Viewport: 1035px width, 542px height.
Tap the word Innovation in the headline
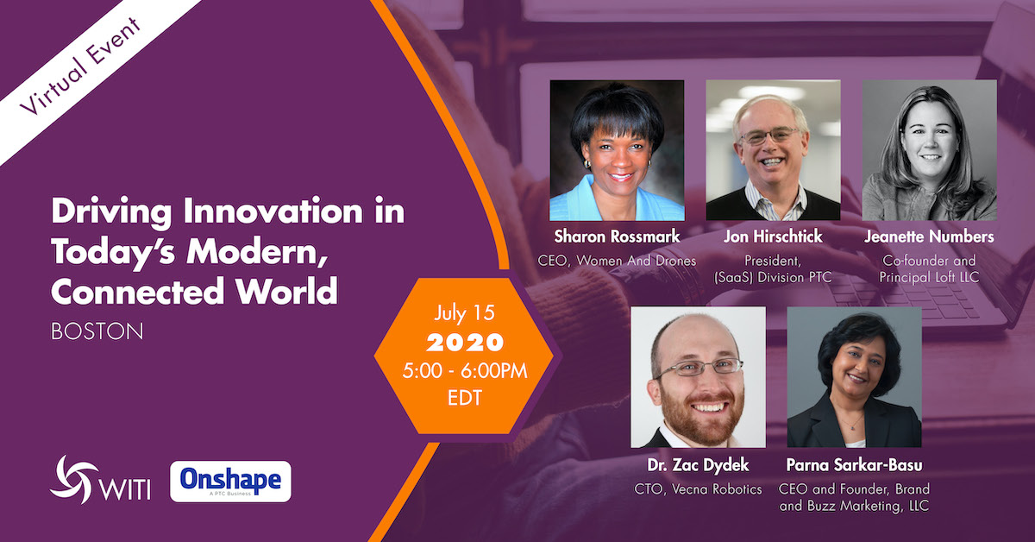273,211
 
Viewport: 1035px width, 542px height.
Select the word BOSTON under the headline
97,331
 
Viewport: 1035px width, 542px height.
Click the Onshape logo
230,482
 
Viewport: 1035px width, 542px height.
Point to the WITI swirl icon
74,479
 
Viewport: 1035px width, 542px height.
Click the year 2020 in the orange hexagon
465,343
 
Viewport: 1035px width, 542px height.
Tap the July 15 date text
464,313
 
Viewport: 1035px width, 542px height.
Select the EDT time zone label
464,398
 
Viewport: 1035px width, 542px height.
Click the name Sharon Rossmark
617,236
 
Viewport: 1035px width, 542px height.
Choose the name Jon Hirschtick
773,236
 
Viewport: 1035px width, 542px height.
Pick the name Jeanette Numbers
929,236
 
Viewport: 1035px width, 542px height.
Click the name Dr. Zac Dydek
698,465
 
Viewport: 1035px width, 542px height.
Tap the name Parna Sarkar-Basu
855,465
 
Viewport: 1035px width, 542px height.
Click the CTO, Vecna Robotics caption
698,489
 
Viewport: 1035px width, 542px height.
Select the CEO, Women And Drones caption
617,261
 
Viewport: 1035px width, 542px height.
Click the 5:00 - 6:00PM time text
464,371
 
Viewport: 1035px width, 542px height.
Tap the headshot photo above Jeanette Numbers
929,150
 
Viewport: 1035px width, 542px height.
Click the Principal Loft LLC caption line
929,277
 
